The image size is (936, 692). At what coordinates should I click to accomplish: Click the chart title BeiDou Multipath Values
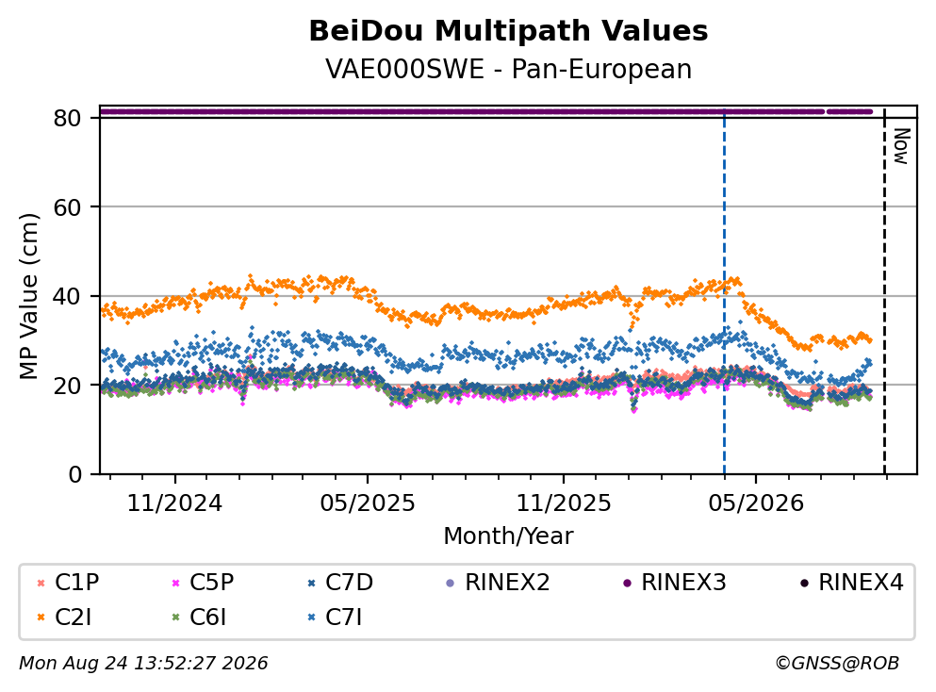point(508,31)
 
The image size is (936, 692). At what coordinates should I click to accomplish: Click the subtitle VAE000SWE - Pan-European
point(508,69)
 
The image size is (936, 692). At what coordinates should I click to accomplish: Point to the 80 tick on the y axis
point(67,118)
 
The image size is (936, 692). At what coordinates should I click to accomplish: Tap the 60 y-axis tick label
point(67,207)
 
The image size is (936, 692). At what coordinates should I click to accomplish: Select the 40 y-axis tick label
point(67,296)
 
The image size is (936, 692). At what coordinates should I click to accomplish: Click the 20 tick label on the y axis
point(67,385)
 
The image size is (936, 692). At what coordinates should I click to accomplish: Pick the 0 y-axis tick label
point(74,474)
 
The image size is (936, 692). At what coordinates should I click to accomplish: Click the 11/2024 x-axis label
point(174,503)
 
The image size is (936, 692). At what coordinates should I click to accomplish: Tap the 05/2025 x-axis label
point(367,503)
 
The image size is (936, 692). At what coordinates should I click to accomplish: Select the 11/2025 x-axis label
point(564,503)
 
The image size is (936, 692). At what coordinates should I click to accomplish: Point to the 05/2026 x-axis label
point(756,503)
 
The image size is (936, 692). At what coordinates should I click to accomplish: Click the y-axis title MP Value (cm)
point(28,296)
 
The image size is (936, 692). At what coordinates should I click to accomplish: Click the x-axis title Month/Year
point(508,535)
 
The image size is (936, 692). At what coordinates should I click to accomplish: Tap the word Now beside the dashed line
point(901,146)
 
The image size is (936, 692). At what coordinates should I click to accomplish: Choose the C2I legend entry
point(64,618)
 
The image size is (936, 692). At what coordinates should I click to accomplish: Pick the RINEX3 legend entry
point(675,582)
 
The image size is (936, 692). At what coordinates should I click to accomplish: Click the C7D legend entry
point(340,582)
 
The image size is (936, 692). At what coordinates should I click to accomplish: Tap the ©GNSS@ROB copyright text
point(837,663)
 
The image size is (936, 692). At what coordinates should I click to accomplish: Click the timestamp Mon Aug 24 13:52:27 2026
point(143,663)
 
